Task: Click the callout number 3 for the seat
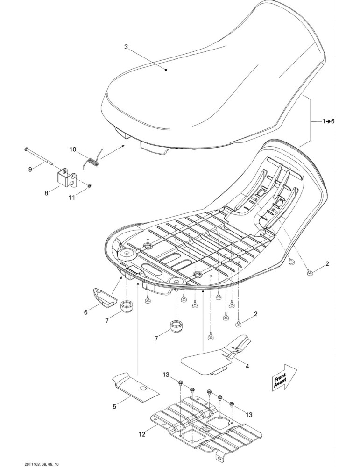point(126,47)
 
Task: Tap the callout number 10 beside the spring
point(73,149)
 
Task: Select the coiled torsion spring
point(93,160)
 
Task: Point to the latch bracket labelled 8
point(67,178)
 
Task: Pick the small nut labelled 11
point(89,186)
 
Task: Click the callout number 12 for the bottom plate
point(142,434)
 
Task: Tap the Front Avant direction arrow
point(284,377)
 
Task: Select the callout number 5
point(115,406)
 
